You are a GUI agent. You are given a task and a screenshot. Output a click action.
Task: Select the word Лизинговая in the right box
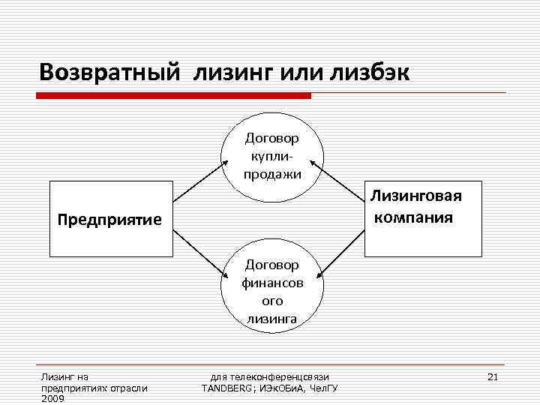tap(415, 196)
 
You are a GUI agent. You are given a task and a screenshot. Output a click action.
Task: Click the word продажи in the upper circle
tap(271, 174)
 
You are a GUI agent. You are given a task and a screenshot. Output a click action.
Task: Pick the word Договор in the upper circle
tap(271, 138)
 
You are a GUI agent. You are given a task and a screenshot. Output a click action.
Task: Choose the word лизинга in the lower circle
tap(271, 319)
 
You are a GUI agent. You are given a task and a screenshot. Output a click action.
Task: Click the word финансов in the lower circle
tap(271, 283)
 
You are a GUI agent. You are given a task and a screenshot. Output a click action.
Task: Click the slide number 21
tap(493, 376)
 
